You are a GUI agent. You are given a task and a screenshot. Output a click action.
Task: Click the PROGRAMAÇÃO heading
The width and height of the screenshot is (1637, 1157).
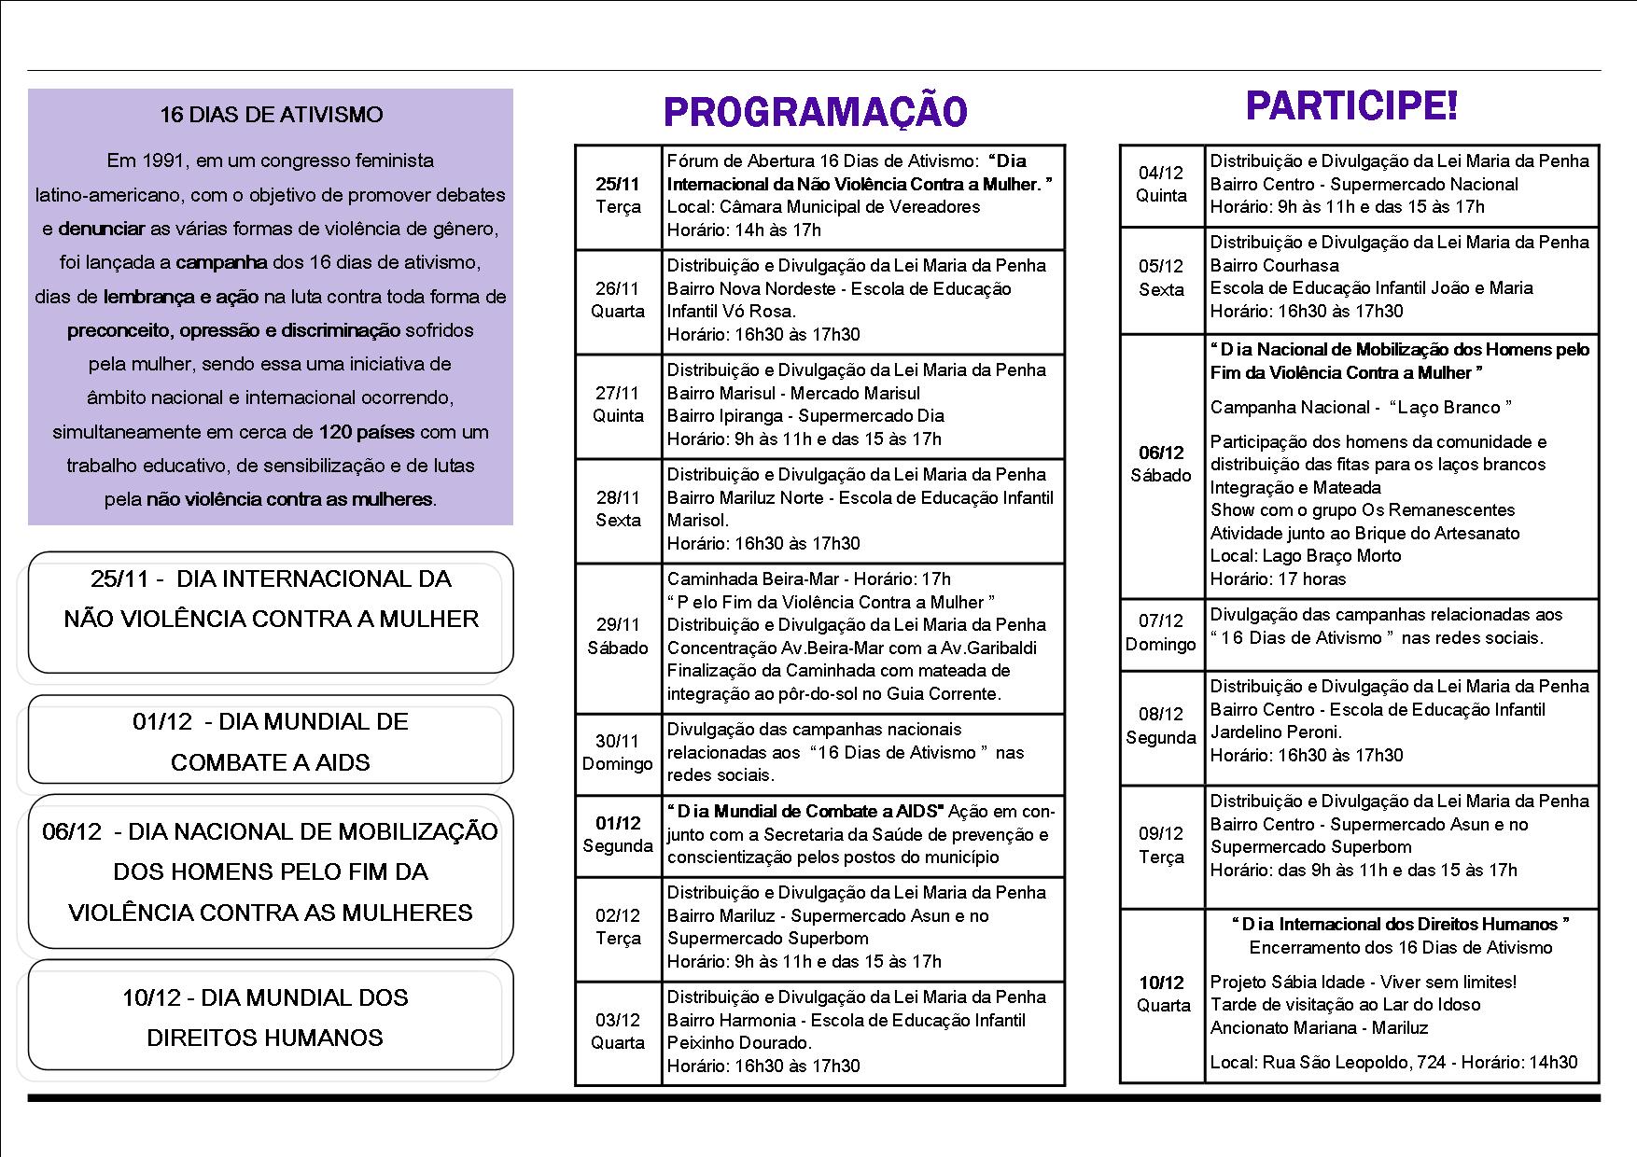(x=815, y=112)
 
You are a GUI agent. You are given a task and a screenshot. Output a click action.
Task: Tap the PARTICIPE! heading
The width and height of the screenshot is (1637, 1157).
(x=1350, y=105)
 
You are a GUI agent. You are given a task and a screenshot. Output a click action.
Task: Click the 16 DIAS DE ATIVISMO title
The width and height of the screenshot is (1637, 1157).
(x=271, y=115)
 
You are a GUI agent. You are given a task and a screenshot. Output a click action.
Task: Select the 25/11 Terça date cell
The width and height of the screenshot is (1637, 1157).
(x=618, y=196)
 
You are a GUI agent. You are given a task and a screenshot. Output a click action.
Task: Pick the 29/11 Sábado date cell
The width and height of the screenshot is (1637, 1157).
(x=618, y=636)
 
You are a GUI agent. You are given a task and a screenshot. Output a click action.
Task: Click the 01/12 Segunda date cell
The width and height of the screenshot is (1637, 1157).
(x=618, y=834)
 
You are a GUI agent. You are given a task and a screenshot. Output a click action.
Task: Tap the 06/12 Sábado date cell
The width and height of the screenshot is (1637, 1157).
(x=1161, y=464)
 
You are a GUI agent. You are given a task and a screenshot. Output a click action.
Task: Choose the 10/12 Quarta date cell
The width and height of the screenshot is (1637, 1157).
(x=1161, y=994)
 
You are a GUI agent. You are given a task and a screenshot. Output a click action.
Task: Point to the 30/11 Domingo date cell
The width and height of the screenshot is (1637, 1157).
(x=618, y=752)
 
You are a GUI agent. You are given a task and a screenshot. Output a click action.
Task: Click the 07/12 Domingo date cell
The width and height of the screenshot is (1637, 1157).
(x=1161, y=632)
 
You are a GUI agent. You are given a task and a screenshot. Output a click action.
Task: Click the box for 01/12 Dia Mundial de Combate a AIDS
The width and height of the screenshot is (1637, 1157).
(x=271, y=742)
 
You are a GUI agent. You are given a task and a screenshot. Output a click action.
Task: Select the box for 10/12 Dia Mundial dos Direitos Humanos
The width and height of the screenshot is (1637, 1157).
(x=271, y=1017)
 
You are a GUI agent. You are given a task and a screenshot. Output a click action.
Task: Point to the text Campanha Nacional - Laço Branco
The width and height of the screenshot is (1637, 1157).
(x=1361, y=407)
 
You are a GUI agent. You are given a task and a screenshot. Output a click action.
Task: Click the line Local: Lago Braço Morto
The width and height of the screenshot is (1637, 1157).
(x=1306, y=555)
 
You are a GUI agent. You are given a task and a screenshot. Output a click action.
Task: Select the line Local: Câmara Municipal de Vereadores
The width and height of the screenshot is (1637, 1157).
(x=823, y=206)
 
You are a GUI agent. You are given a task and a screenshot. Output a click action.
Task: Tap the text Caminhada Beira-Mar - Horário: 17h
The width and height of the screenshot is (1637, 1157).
(x=808, y=578)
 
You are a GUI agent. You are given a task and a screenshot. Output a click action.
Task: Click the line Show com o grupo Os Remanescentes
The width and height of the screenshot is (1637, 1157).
(x=1363, y=509)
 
